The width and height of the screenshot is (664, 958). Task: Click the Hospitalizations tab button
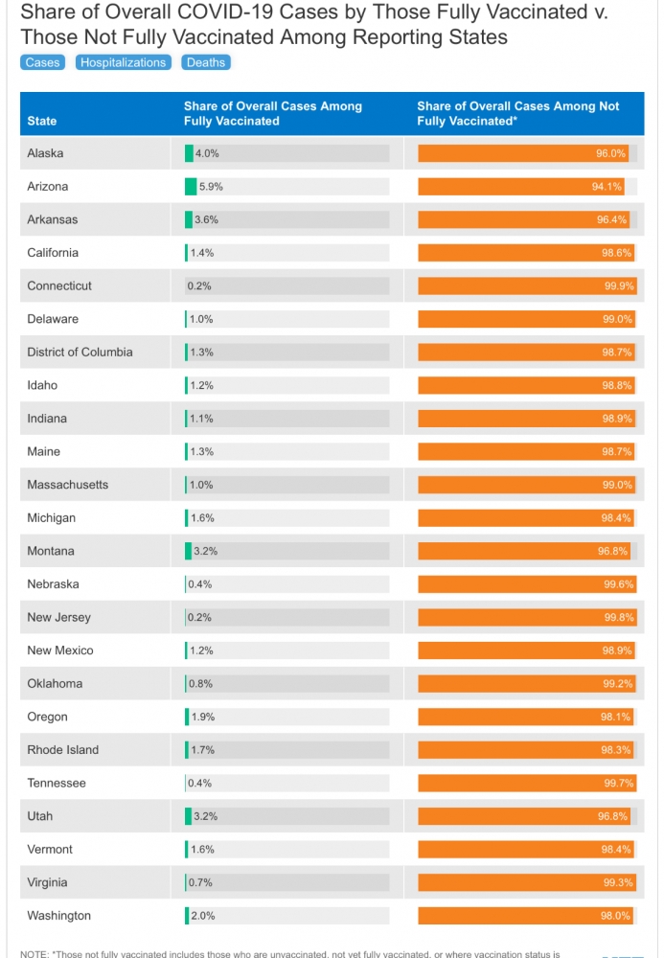[x=124, y=62]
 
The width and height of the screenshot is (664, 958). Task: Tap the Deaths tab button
[x=206, y=62]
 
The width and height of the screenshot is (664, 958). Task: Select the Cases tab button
[x=43, y=62]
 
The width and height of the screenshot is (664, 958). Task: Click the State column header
[x=41, y=121]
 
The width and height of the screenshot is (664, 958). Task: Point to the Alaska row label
[x=45, y=153]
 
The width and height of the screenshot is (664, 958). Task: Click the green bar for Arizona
[x=191, y=187]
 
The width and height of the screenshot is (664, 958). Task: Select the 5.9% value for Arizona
[x=211, y=187]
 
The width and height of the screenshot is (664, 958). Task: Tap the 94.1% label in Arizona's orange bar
[x=607, y=187]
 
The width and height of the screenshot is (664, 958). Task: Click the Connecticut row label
[x=59, y=285]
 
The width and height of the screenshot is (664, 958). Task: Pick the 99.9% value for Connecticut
[x=619, y=285]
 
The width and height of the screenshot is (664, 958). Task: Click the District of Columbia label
[x=80, y=352]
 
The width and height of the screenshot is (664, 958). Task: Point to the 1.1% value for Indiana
[x=201, y=419]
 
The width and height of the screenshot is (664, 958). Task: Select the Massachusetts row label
[x=67, y=485]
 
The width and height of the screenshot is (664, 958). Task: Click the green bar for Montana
[x=188, y=551]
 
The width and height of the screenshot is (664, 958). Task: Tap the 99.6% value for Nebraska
[x=619, y=584]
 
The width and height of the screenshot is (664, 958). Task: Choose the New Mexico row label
[x=59, y=650]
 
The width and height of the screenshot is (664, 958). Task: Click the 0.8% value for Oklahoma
[x=200, y=684]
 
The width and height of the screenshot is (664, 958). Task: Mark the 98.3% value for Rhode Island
[x=616, y=750]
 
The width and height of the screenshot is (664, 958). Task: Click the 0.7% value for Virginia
[x=200, y=883]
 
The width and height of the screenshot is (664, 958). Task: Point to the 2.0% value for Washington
[x=203, y=916]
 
